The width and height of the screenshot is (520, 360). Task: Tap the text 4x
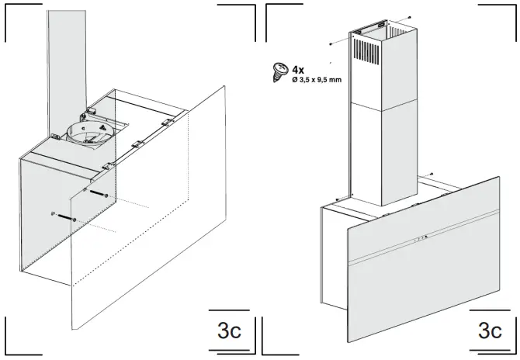pyautogui.click(x=297, y=68)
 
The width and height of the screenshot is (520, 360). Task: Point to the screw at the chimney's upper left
pyautogui.click(x=331, y=43)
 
